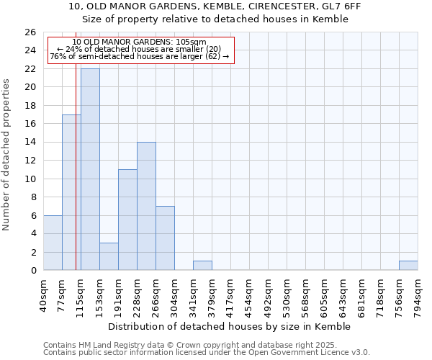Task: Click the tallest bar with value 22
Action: [x=90, y=169]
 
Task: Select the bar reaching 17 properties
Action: [x=71, y=192]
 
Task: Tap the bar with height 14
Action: [x=146, y=206]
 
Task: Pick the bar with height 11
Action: [x=127, y=220]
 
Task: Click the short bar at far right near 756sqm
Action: [x=408, y=266]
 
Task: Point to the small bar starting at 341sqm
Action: [x=202, y=266]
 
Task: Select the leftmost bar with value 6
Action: [x=53, y=243]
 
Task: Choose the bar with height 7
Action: [x=165, y=238]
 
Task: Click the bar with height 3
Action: [x=109, y=256]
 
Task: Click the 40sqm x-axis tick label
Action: [x=44, y=292]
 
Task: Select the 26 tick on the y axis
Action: [x=30, y=32]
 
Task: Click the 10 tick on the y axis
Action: [x=30, y=179]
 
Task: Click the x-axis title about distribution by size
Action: [x=230, y=326]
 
